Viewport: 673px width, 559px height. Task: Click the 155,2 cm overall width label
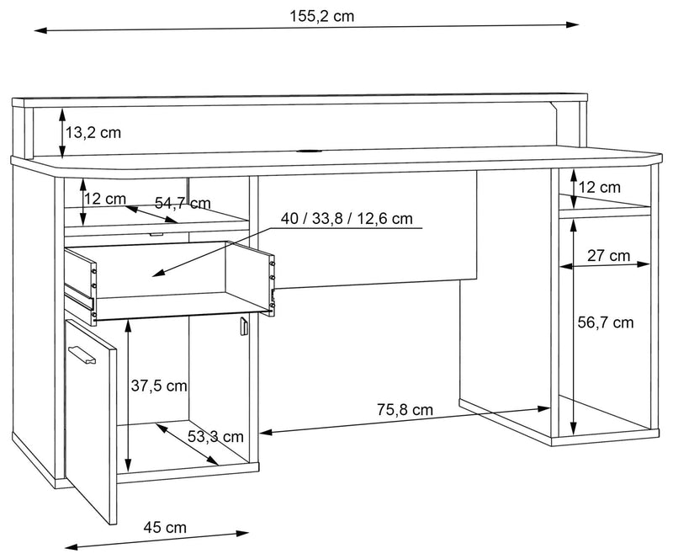[x=322, y=16]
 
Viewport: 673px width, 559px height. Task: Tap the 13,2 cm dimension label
[x=93, y=132]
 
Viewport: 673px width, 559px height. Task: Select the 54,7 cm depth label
[x=183, y=203]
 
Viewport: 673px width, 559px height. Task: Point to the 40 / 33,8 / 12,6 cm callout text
[x=347, y=218]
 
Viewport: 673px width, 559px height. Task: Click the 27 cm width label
[x=608, y=256]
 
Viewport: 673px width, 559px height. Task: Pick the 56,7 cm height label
[x=605, y=322]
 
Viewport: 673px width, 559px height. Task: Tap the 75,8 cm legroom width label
[x=405, y=409]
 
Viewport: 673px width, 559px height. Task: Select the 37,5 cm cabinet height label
[x=159, y=386]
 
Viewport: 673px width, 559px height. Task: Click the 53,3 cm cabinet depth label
[x=215, y=437]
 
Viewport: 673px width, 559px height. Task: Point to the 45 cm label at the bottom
[x=165, y=527]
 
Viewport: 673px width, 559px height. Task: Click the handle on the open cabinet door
[x=82, y=354]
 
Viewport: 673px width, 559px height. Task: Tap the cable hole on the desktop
[x=308, y=151]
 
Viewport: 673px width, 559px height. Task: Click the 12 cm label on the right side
[x=600, y=188]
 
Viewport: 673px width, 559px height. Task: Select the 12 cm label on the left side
[x=104, y=199]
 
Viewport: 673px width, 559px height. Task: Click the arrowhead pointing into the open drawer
[x=158, y=273]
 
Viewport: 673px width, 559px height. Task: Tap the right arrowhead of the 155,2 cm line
[x=573, y=24]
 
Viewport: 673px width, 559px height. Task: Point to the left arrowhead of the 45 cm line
[x=72, y=547]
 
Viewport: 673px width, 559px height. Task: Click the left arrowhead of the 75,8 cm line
[x=267, y=432]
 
